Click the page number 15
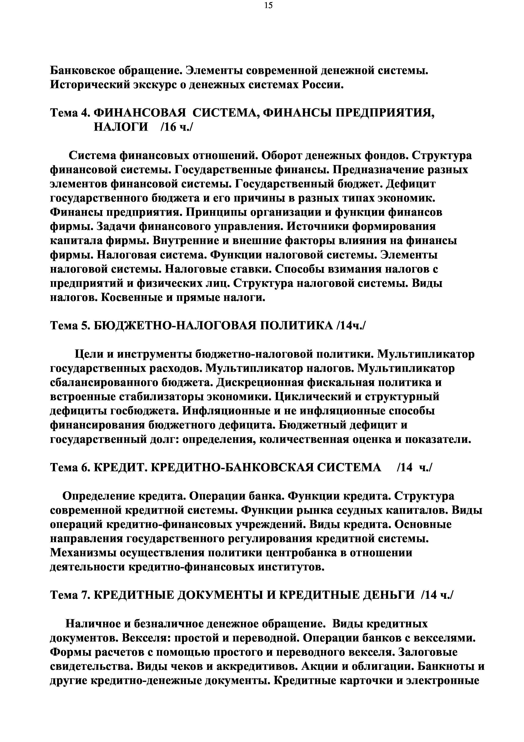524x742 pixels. pyautogui.click(x=268, y=5)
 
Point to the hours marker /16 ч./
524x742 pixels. pyautogui.click(x=176, y=127)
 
